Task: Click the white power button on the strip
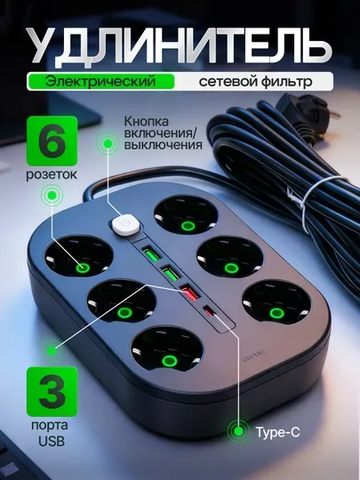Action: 125,224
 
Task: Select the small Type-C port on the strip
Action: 210,311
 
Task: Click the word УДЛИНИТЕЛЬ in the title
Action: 180,46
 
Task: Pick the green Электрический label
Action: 100,82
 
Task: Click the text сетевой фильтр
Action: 256,82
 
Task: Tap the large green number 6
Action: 52,141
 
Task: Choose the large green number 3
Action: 52,391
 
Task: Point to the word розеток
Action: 52,175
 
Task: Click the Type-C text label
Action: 277,432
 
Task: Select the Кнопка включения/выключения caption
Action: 163,133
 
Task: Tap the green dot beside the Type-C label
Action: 238,431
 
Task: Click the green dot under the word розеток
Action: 52,195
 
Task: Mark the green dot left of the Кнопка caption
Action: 108,142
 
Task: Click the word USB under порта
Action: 52,441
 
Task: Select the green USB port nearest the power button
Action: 151,255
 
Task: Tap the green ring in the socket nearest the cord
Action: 188,226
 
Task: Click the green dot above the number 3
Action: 52,351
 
